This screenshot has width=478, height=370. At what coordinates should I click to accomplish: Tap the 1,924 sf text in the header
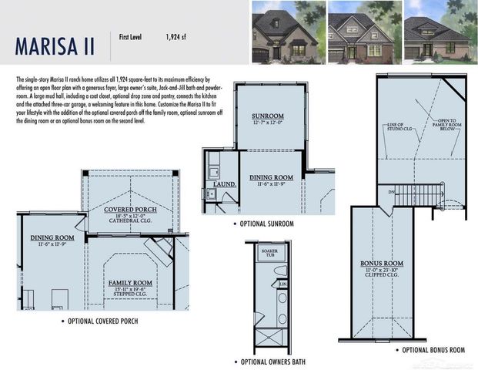click(177, 36)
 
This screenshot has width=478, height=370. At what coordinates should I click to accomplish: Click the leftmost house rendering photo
click(285, 32)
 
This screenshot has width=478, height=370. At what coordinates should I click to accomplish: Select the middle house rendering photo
click(360, 32)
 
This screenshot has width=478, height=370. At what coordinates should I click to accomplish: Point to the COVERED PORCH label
click(130, 209)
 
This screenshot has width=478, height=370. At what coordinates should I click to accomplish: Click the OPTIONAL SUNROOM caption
click(266, 224)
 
